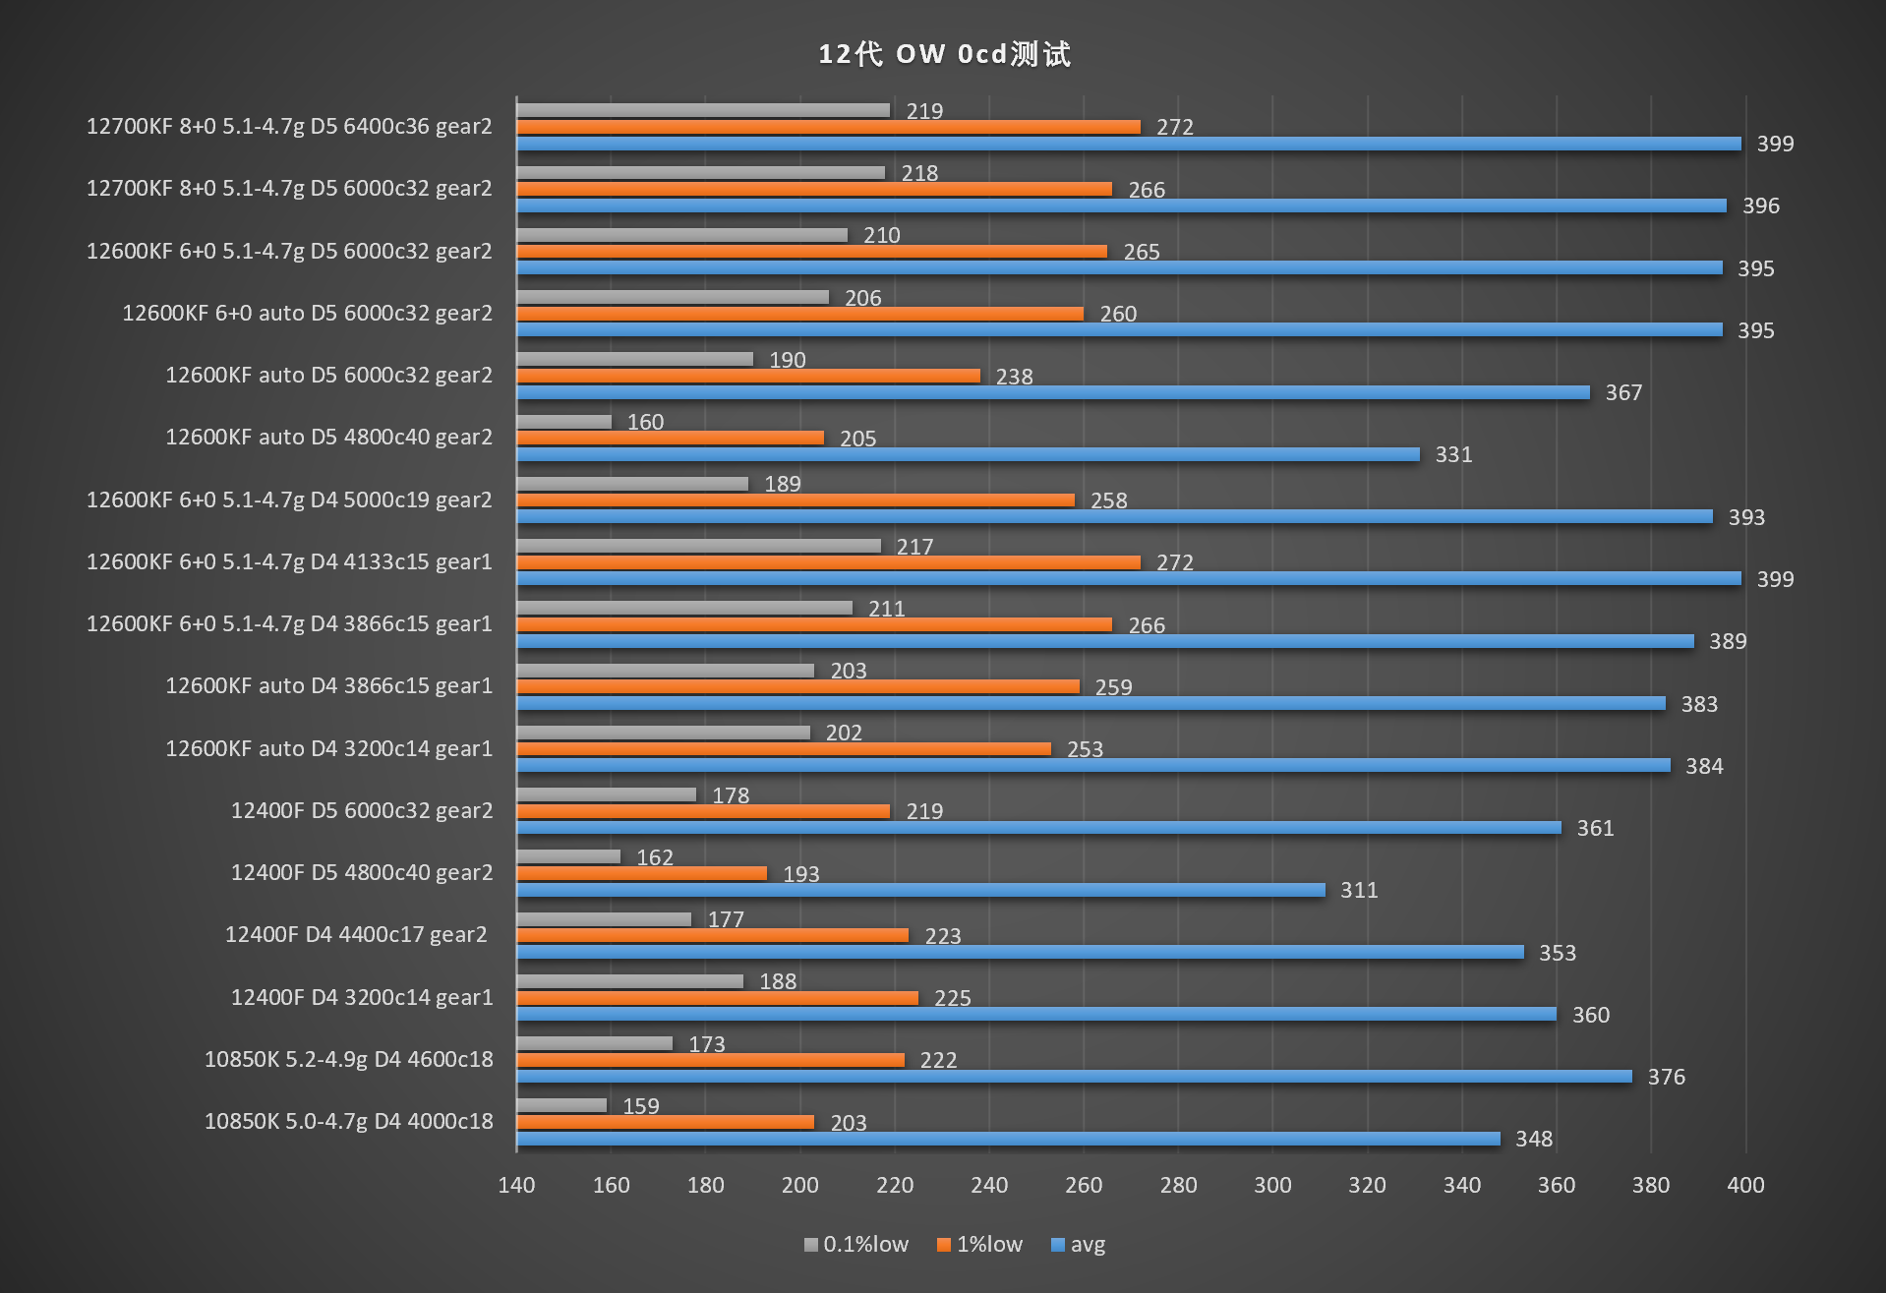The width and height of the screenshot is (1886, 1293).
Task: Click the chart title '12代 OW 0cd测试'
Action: tap(944, 54)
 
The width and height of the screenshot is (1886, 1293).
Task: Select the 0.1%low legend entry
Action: tap(855, 1245)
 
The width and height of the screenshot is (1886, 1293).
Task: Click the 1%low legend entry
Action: tap(979, 1245)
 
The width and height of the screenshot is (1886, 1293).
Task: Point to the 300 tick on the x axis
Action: tap(1272, 1185)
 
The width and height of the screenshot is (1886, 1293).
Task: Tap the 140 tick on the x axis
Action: tap(516, 1185)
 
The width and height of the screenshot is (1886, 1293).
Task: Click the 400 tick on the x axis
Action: tap(1745, 1185)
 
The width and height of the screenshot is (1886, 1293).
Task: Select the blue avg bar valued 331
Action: tap(968, 454)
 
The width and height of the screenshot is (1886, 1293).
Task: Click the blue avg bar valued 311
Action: tap(920, 890)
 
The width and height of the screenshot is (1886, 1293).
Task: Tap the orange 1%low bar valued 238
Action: tap(748, 376)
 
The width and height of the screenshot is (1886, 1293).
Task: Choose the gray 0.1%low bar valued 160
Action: tap(564, 422)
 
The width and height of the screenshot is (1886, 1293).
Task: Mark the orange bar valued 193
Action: tap(642, 873)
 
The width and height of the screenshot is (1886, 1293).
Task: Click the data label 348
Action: tap(1533, 1139)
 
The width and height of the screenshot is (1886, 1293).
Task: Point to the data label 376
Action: tap(1666, 1077)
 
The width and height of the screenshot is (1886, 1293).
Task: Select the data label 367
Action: tap(1623, 392)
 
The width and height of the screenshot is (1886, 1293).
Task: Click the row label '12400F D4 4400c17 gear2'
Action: tap(356, 934)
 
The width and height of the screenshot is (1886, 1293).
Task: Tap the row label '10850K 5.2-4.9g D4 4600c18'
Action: tap(348, 1059)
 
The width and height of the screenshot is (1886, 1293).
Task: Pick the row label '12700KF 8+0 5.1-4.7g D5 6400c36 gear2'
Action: tap(289, 126)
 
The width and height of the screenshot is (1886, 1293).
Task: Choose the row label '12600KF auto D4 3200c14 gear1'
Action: tap(328, 748)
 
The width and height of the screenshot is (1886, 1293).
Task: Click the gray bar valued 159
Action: tap(561, 1105)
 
